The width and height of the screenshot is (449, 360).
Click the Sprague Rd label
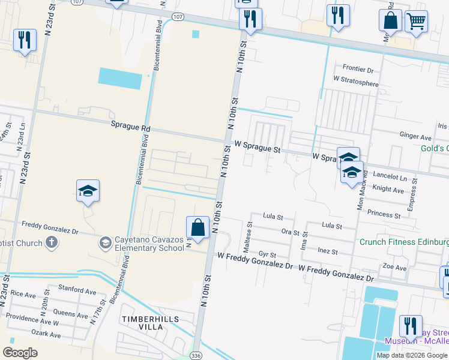(x=130, y=127)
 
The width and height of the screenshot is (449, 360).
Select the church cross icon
(x=52, y=242)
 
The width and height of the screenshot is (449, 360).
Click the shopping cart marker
(x=415, y=21)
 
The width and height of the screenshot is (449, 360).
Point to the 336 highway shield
(x=196, y=355)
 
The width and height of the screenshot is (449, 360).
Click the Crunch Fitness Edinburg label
(x=404, y=242)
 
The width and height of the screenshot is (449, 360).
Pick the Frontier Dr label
(x=358, y=70)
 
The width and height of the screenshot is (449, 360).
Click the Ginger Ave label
(x=416, y=137)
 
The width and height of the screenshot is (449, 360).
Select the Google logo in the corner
(x=20, y=353)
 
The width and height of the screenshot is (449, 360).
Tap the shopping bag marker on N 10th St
(x=197, y=227)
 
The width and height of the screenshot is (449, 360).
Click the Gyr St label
(x=267, y=255)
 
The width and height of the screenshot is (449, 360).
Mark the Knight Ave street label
(x=388, y=190)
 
